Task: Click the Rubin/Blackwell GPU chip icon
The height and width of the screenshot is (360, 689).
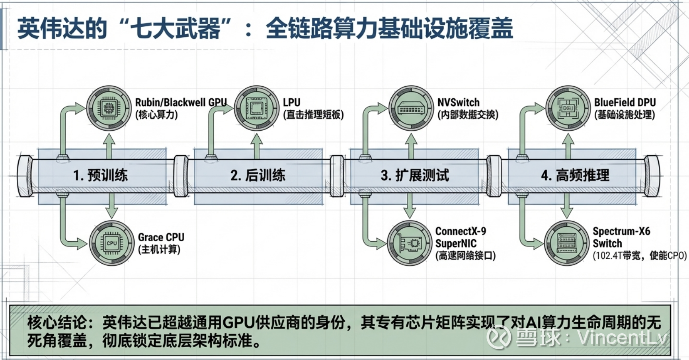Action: point(109,108)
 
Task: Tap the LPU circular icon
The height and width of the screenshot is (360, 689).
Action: point(256,108)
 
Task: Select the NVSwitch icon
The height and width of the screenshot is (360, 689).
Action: point(410,108)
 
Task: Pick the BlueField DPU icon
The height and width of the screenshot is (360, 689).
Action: point(567,108)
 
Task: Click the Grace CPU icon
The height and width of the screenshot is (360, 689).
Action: point(111,243)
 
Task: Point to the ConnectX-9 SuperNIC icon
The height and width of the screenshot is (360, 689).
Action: point(410,243)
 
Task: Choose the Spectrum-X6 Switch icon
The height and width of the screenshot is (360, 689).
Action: point(566,243)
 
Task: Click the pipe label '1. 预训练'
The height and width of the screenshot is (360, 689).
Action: point(101,175)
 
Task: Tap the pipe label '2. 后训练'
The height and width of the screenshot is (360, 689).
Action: point(258,175)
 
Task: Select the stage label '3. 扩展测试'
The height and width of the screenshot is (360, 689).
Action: point(415,175)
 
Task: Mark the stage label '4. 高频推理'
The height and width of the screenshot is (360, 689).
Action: point(575,175)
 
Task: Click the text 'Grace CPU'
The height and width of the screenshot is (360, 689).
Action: point(161,237)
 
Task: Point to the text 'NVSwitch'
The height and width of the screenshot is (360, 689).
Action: point(458,103)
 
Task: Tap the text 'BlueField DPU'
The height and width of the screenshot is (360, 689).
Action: point(625,103)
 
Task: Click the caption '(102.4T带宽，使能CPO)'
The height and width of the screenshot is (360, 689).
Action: point(639,256)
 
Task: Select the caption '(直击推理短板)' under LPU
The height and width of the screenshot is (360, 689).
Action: point(313,115)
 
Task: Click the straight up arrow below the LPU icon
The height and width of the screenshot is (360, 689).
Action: point(257,146)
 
